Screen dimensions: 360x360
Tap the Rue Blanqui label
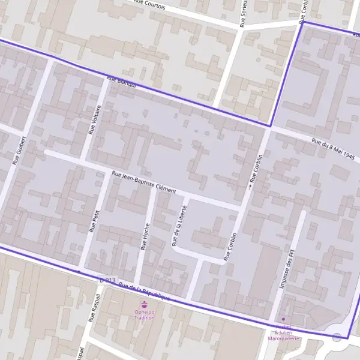point(122,82)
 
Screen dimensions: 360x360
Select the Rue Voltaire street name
point(95,118)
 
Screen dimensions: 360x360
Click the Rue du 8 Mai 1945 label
point(333,149)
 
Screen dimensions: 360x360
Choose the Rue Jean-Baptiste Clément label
point(144,182)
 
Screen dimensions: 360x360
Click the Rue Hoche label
point(145,236)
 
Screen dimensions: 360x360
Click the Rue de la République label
point(144,292)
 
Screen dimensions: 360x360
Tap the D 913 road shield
point(107,280)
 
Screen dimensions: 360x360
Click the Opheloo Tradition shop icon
point(144,304)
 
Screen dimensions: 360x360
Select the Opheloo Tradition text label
point(144,314)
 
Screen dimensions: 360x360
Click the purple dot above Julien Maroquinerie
point(284,319)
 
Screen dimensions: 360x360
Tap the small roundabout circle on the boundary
point(337,338)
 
